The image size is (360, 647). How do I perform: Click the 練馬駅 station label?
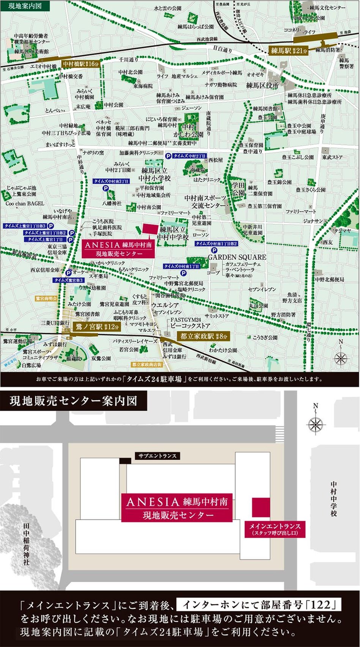click(x=288, y=50)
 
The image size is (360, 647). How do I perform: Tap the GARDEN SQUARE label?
click(x=237, y=257)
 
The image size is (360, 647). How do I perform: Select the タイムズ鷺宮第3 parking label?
click(x=68, y=280)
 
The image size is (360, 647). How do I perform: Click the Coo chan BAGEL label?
click(x=25, y=203)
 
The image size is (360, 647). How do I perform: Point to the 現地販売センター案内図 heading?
click(x=73, y=401)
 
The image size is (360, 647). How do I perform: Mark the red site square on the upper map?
click(x=149, y=231)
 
